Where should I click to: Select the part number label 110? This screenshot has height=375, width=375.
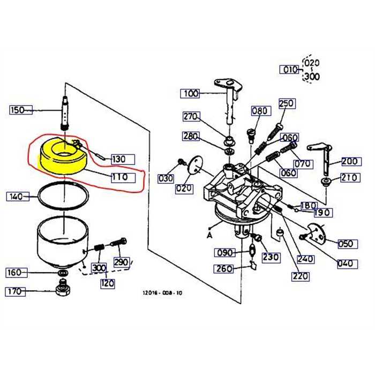click(x=119, y=177)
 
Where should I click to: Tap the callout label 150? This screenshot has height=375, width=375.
click(x=17, y=110)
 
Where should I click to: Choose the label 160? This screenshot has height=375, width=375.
click(x=14, y=273)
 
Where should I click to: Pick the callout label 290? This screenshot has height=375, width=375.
click(x=122, y=262)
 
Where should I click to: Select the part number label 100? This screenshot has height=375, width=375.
click(x=190, y=93)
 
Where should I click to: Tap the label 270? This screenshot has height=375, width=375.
click(x=190, y=116)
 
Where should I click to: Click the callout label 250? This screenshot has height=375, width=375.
click(x=287, y=103)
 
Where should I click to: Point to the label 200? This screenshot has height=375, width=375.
click(x=350, y=161)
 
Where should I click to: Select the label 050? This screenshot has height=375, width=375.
click(x=346, y=244)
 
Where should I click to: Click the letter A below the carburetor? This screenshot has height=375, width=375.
click(x=208, y=235)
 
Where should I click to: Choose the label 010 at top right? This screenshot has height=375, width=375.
click(x=290, y=70)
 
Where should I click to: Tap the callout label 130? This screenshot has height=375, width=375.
click(x=119, y=159)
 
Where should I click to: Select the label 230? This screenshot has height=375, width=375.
click(x=271, y=257)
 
